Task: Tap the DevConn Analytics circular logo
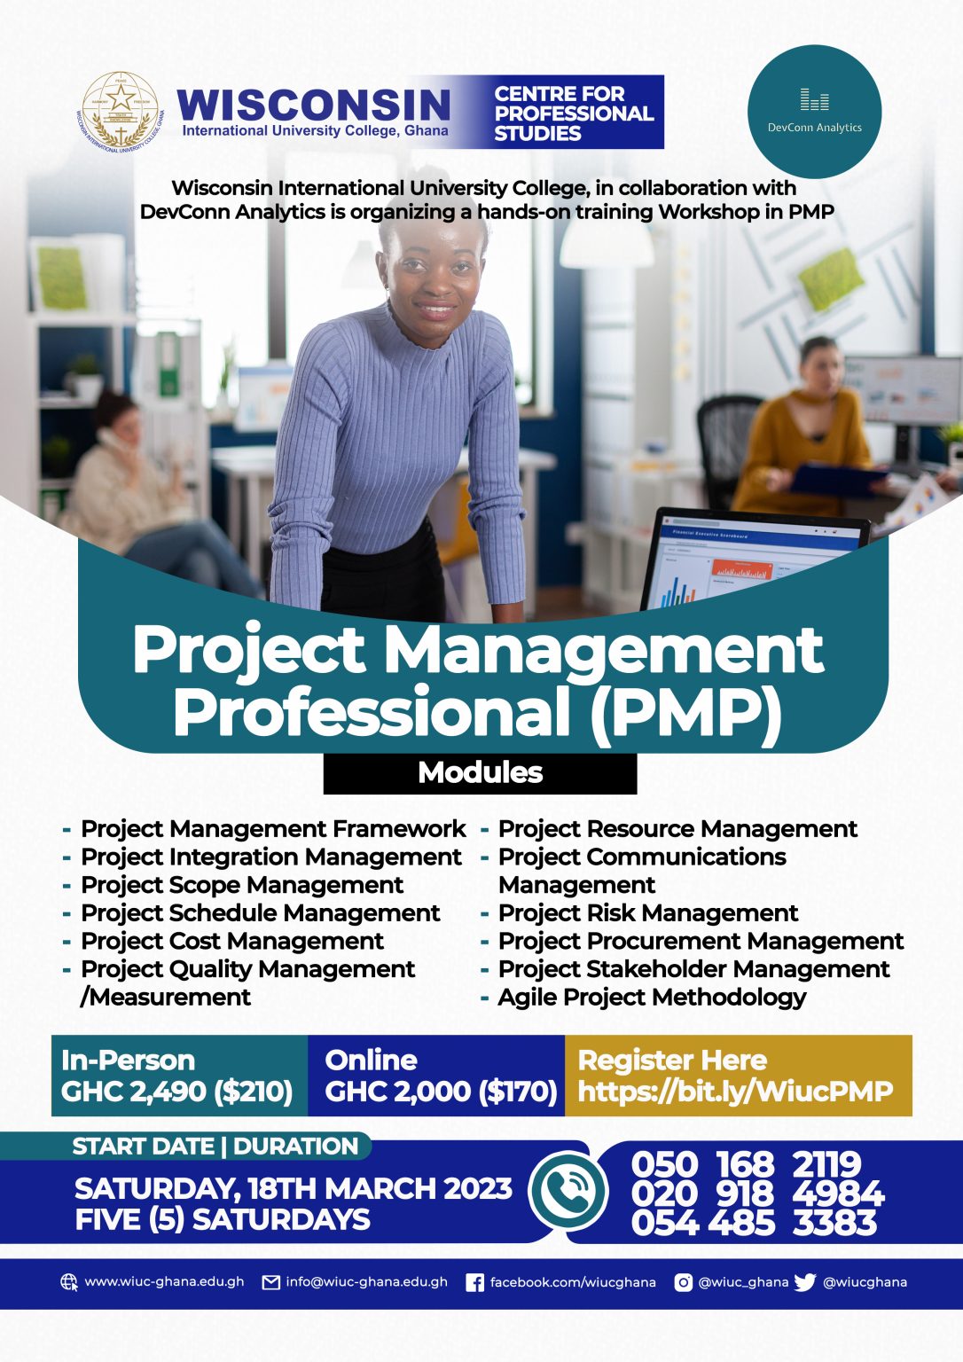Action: click(x=814, y=111)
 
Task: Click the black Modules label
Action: click(x=480, y=773)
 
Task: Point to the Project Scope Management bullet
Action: click(x=242, y=885)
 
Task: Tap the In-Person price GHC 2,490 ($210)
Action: click(x=177, y=1092)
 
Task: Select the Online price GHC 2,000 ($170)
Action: click(x=441, y=1092)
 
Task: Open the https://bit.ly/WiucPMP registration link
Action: click(x=735, y=1092)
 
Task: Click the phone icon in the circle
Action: click(x=568, y=1191)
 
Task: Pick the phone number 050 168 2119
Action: click(x=746, y=1164)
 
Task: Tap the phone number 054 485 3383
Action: click(x=754, y=1222)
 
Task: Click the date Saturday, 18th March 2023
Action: click(x=293, y=1189)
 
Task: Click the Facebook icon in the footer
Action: click(x=474, y=1283)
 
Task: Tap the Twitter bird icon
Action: click(x=805, y=1282)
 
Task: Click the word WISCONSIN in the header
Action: click(x=314, y=105)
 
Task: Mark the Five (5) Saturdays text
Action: click(x=223, y=1220)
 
